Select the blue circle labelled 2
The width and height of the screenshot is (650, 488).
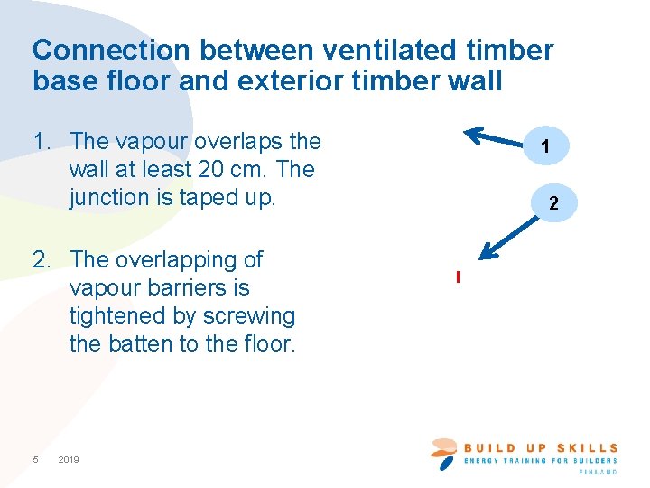[554, 205]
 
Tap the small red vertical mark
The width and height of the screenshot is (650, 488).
[459, 277]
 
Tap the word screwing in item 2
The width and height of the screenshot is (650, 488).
[249, 316]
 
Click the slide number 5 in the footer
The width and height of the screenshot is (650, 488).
[35, 460]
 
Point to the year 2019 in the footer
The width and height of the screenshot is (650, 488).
[69, 460]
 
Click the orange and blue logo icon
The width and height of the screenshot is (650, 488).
[444, 452]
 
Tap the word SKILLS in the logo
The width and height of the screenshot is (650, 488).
[587, 447]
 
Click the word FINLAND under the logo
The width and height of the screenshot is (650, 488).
[599, 472]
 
